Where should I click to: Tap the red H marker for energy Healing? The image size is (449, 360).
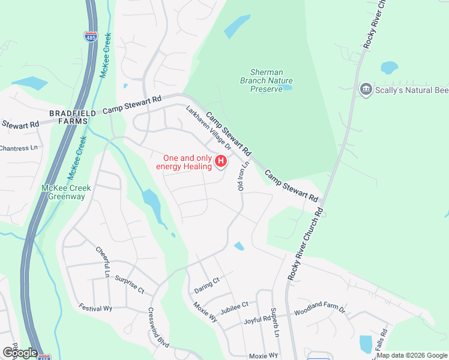pos(221,161)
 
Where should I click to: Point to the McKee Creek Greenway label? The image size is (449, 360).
pos(66,192)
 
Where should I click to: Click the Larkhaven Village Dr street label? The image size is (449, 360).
pos(208,128)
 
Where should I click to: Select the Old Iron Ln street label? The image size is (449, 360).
pos(243,176)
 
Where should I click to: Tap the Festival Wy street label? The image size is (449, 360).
pos(95,308)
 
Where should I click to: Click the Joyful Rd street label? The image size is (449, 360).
pos(258,321)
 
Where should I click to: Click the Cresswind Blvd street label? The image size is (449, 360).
pos(158,326)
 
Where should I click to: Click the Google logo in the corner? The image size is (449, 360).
pos(20,353)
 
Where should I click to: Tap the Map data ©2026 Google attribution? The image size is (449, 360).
pos(412,355)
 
